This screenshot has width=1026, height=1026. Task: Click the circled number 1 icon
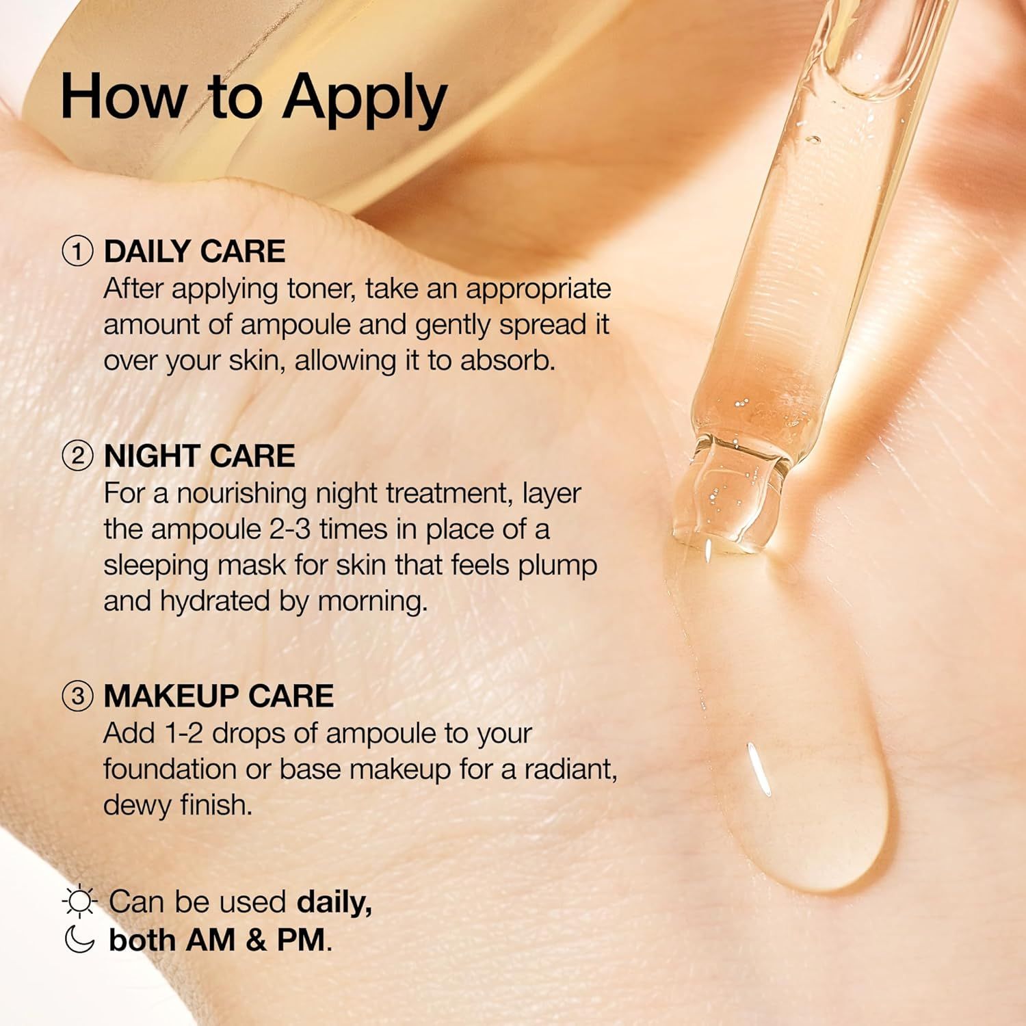77,252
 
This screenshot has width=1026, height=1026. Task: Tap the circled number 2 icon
77,456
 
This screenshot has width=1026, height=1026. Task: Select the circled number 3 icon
77,696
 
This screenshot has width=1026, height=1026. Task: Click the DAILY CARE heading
194,252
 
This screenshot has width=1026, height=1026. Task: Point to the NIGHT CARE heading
199,456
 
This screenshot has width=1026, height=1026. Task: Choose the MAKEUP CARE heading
218,696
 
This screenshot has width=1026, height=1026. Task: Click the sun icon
79,902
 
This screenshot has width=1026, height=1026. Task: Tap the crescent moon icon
79,939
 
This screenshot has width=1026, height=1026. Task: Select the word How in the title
123,97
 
